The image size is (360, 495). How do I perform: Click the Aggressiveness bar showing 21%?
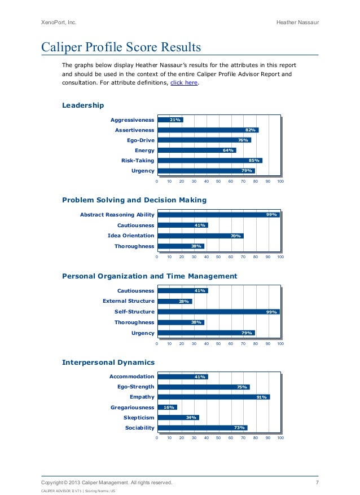[x=169, y=120]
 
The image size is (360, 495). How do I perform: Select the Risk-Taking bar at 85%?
[x=209, y=160]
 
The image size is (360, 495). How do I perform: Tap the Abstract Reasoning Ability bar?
[x=218, y=215]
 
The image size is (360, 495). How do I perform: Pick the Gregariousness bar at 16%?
[x=166, y=407]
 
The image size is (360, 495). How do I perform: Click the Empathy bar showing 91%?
[x=213, y=397]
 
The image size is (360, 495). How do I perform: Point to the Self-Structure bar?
[x=218, y=312]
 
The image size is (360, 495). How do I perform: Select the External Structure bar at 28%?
[x=174, y=301]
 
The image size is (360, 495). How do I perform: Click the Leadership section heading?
[x=83, y=105]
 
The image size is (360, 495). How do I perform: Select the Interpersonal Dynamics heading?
[x=108, y=362]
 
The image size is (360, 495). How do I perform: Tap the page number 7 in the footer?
[x=317, y=483]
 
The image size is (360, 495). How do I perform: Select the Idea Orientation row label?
[x=131, y=236]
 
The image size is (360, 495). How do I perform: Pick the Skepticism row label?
[x=139, y=418]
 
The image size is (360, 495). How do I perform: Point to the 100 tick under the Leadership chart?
[x=280, y=181]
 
